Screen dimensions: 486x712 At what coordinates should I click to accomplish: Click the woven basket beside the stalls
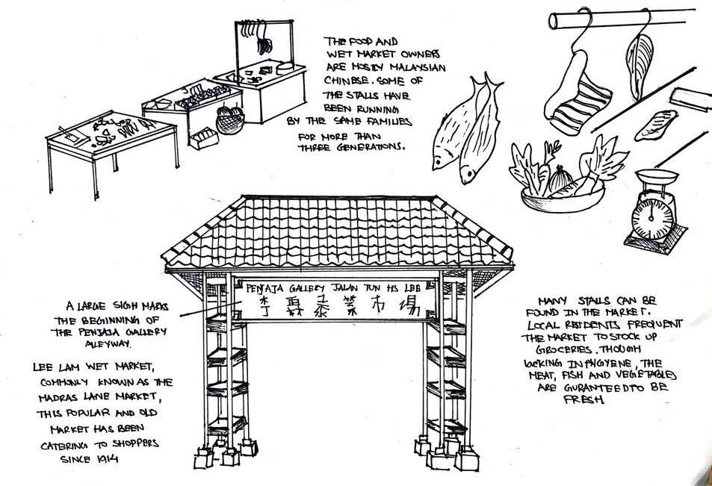231,119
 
